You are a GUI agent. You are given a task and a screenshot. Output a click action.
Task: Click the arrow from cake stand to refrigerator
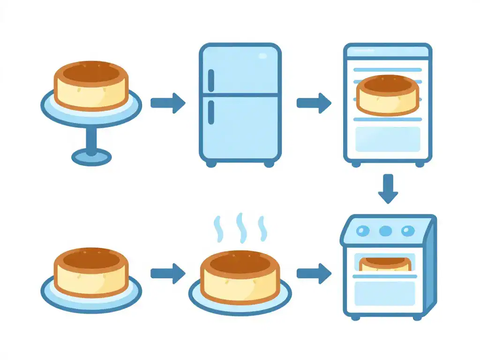[168, 103]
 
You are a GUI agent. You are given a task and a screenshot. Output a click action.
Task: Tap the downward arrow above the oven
[388, 189]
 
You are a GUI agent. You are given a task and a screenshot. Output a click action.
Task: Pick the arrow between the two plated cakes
[168, 273]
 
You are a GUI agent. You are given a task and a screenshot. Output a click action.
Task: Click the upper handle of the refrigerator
[211, 81]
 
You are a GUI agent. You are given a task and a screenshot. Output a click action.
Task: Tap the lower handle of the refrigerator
[211, 112]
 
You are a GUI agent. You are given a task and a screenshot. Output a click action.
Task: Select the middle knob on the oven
[385, 231]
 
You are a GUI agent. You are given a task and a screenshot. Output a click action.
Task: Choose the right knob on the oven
[408, 231]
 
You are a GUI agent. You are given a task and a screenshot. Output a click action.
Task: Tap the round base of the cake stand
[91, 156]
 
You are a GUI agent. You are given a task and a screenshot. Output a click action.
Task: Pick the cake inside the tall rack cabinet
[387, 95]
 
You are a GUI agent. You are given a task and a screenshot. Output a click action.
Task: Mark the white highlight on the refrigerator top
[262, 56]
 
